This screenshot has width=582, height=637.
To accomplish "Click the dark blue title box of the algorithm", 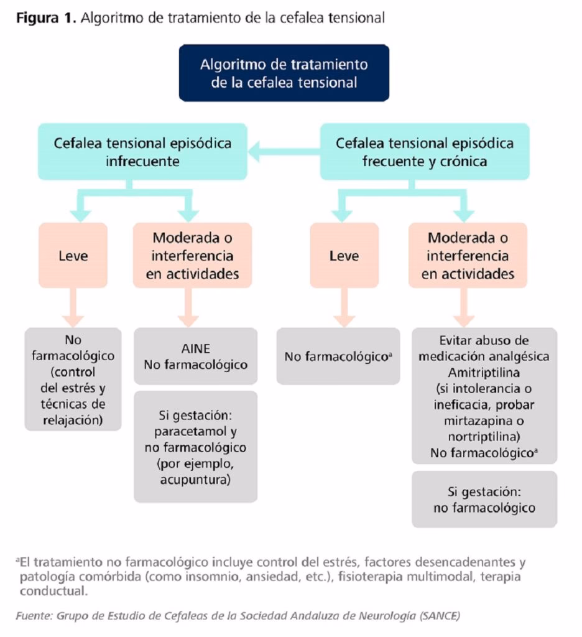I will pos(284,73).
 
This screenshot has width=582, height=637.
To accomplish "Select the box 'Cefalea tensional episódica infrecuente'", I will pos(142,152).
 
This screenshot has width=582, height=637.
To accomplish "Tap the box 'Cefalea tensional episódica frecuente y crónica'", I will pos(424,152).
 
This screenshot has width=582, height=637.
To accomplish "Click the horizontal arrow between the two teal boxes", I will pos(284,150).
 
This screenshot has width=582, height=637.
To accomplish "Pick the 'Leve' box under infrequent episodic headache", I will pos(73,255).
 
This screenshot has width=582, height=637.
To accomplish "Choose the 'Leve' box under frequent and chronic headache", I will pos(344,255).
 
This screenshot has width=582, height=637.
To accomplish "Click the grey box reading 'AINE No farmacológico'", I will pos(196,356).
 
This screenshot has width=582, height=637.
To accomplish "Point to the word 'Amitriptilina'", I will pos(483,372).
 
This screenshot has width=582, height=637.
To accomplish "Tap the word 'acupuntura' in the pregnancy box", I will pos(195,480).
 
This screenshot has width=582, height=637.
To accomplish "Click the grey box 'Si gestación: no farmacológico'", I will pos(484,499).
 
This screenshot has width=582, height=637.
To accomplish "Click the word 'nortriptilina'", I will pos(484,437).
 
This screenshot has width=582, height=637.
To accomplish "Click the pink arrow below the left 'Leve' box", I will pos(73,309).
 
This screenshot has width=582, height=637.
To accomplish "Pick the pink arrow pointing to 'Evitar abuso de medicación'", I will pos(467,309).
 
